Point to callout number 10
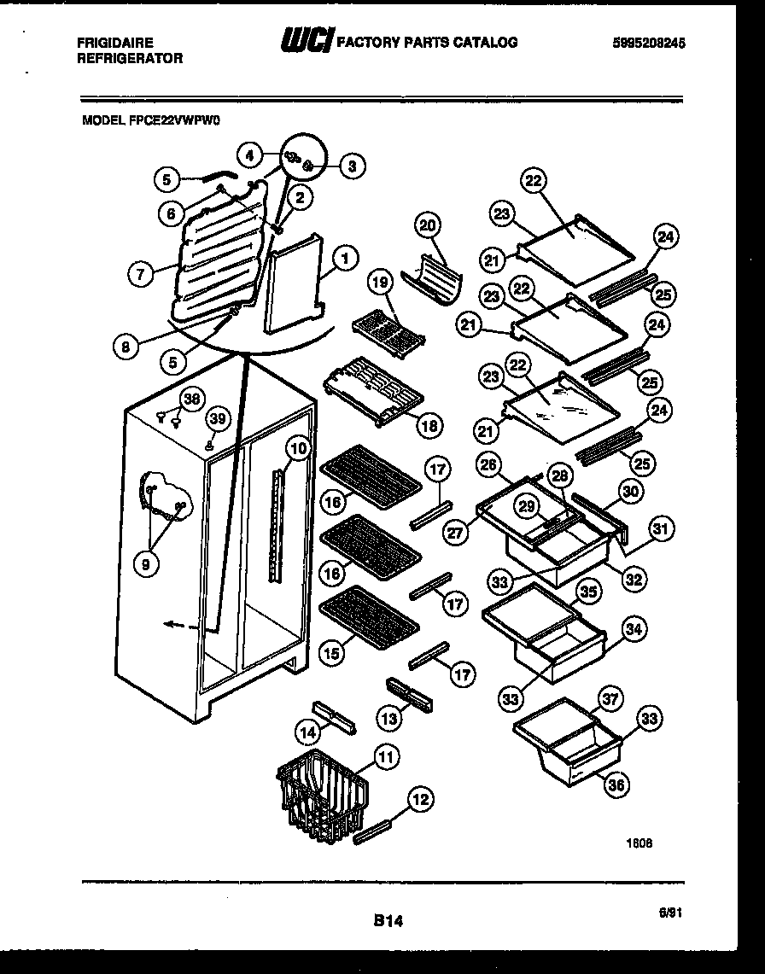tap(296, 446)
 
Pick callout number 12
tap(420, 800)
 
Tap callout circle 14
tap(307, 731)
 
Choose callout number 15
tap(332, 655)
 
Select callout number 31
tap(660, 528)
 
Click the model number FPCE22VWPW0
tap(151, 122)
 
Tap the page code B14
tap(387, 920)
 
